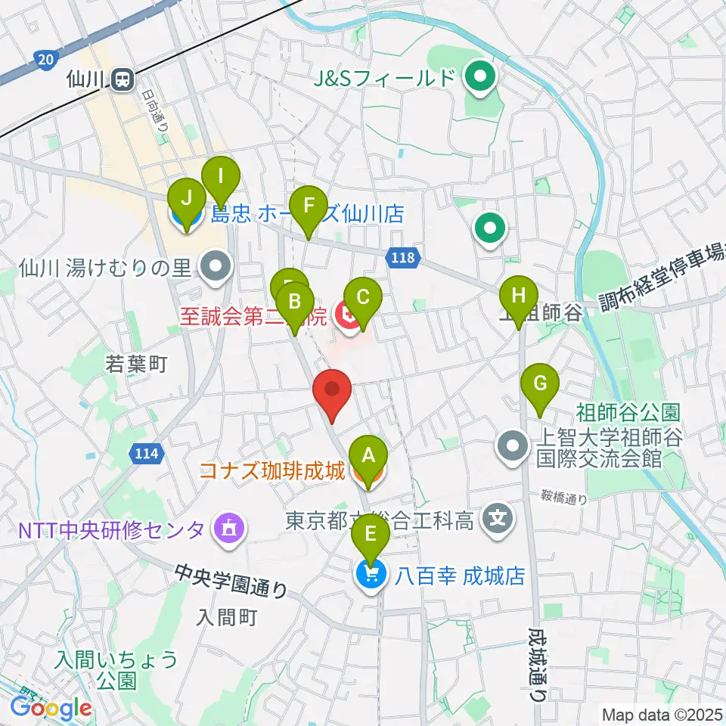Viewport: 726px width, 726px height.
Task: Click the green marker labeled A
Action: (368, 456)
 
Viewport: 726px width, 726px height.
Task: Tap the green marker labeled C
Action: (362, 297)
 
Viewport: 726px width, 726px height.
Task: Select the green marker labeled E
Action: (370, 535)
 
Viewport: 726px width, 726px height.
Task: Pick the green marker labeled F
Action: (308, 206)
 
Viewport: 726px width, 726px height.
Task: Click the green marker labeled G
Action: (539, 383)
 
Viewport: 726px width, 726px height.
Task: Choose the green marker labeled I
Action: (220, 178)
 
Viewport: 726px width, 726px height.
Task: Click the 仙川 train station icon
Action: (122, 77)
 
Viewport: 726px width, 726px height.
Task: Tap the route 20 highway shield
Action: (45, 58)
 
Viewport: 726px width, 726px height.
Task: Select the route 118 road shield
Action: (403, 259)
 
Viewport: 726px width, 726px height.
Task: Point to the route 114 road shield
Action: (147, 454)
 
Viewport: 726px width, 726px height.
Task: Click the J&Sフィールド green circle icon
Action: (479, 77)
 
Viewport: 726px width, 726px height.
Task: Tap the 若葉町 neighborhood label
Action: (136, 365)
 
